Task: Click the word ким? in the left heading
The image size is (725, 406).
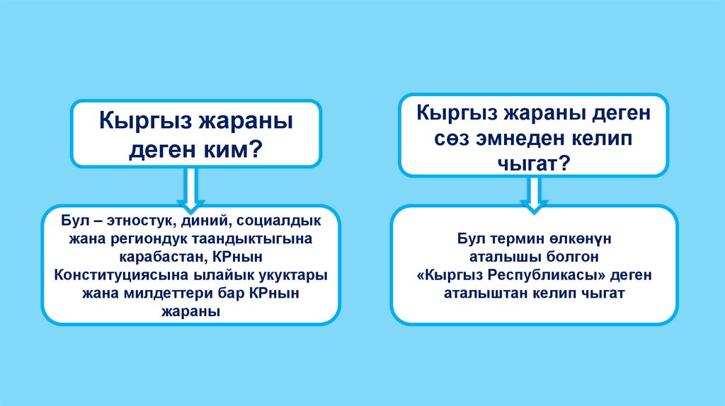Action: pyautogui.click(x=231, y=149)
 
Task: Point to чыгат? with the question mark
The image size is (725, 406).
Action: pyautogui.click(x=532, y=163)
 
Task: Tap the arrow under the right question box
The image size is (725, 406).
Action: pyautogui.click(x=533, y=192)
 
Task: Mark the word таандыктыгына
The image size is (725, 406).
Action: pyautogui.click(x=248, y=238)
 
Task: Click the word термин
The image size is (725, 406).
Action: pyautogui.click(x=518, y=238)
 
